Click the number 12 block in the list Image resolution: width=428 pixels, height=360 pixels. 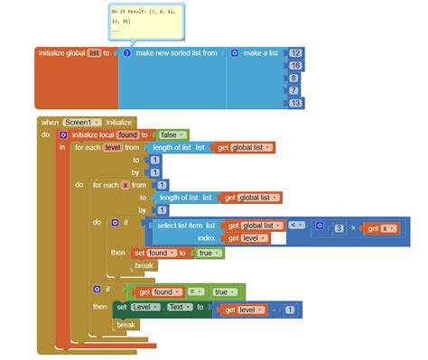click(295, 53)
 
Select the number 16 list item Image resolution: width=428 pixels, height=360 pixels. click(295, 66)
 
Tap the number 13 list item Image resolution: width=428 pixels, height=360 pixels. click(295, 104)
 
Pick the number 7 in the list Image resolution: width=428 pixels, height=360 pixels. click(293, 91)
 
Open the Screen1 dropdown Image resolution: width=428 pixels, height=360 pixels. click(83, 122)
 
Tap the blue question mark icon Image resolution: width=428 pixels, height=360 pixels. click(127, 53)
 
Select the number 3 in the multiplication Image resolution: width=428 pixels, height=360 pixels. click(338, 228)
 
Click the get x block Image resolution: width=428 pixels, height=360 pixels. click(383, 228)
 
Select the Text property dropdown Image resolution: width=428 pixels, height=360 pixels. click(178, 308)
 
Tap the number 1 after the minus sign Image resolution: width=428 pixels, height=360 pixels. click(289, 309)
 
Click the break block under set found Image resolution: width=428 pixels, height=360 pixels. click(144, 266)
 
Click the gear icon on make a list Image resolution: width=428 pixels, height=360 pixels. click(235, 53)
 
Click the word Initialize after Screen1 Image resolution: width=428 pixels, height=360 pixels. click(119, 122)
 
